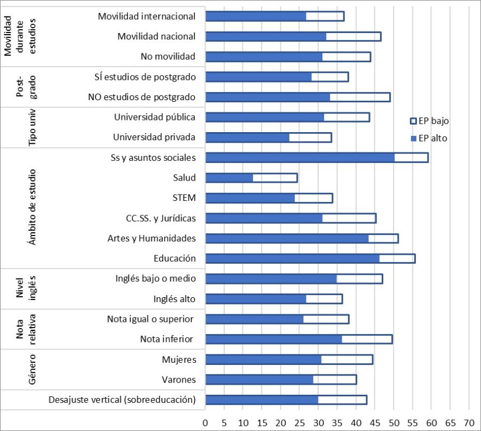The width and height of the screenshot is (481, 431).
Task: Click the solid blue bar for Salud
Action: [229, 178]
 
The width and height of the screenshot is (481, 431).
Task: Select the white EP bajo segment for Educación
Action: [397, 259]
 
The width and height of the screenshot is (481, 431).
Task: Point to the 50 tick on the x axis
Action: [394, 421]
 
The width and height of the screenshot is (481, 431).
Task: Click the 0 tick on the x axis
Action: [206, 421]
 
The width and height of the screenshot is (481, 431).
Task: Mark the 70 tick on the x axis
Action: [469, 421]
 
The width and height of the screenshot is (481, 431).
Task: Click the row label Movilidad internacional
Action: [147, 16]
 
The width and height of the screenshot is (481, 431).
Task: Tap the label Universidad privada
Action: [154, 137]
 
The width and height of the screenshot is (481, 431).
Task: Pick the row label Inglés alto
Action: [174, 299]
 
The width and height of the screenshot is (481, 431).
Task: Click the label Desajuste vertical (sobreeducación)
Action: [122, 400]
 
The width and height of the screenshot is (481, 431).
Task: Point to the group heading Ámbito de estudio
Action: [33, 207]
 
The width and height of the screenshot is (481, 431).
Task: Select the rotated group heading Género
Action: [33, 369]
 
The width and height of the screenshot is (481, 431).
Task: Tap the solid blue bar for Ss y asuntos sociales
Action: [300, 158]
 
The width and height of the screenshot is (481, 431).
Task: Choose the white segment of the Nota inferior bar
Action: [367, 339]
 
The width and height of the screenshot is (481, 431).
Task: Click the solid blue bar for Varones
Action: [259, 380]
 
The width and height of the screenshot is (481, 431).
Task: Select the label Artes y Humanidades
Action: [152, 238]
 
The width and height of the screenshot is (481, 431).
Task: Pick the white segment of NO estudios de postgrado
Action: [360, 97]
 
